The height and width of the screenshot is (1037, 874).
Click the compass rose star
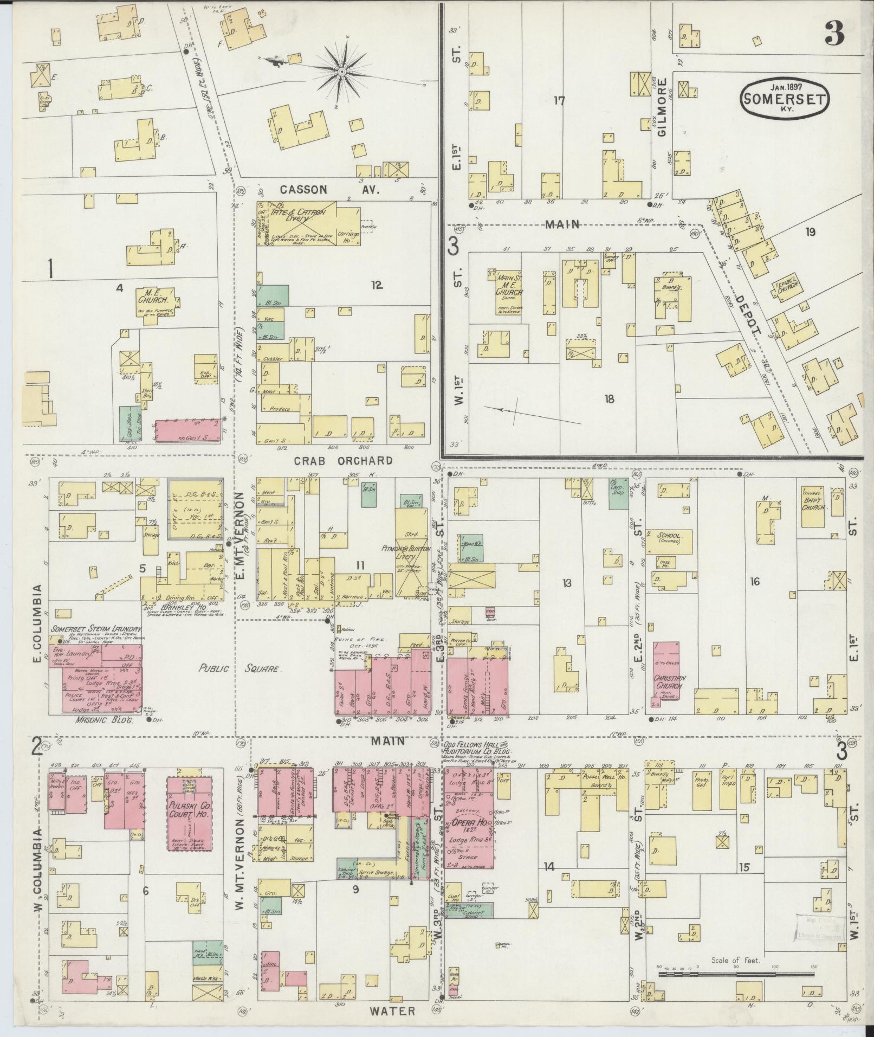pos(342,71)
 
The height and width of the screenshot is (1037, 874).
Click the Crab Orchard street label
pos(343,461)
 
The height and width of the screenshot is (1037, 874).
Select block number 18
pos(609,400)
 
